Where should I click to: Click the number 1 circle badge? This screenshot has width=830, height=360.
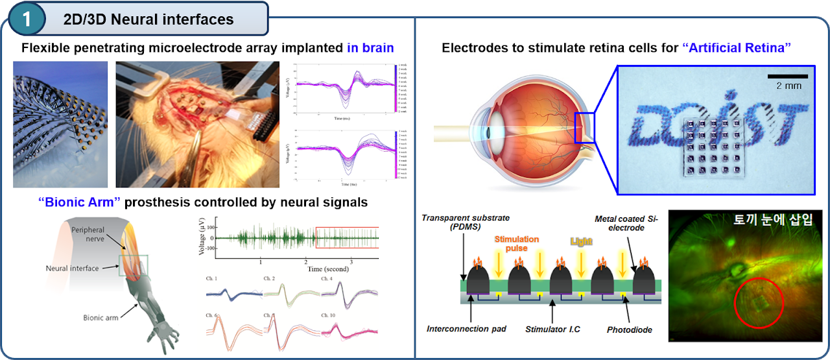click(x=27, y=19)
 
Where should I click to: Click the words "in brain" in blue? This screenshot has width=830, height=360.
click(x=370, y=48)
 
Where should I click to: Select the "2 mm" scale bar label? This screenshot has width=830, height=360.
click(x=788, y=86)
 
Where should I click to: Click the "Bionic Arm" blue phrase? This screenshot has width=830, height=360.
click(x=78, y=202)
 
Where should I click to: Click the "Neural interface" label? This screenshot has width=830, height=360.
click(x=73, y=268)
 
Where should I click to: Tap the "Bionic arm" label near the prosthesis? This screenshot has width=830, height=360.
click(x=101, y=318)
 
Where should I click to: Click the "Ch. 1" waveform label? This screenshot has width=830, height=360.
click(x=212, y=279)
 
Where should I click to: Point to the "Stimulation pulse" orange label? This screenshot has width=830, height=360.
click(x=517, y=243)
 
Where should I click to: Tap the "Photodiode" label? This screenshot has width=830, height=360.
click(x=630, y=330)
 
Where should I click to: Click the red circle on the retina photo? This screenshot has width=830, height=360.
click(x=759, y=304)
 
